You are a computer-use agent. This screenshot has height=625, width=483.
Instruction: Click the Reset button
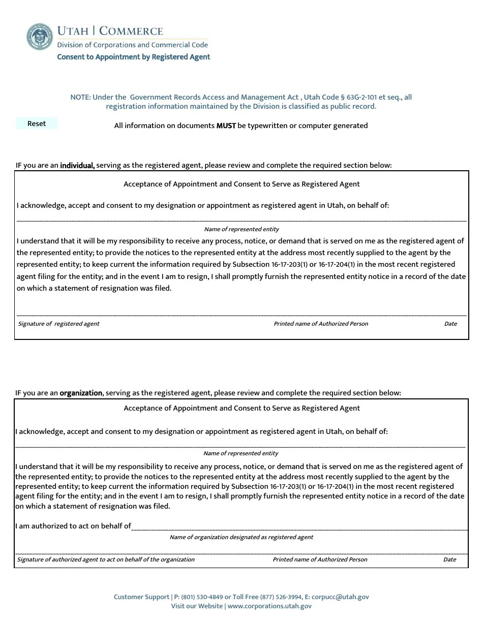[x=37, y=123]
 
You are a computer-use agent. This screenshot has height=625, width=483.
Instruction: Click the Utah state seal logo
[x=40, y=37]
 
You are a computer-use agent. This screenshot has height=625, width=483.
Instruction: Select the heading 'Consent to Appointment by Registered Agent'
[x=133, y=57]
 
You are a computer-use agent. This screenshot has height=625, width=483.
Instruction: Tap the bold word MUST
[x=226, y=126]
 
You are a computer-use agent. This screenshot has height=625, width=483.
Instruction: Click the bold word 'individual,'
[x=77, y=165]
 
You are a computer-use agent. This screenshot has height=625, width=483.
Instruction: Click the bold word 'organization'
[x=81, y=393]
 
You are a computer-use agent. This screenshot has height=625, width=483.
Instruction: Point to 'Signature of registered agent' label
[x=58, y=324]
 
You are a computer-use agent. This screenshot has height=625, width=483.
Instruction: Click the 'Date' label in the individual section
[x=450, y=324]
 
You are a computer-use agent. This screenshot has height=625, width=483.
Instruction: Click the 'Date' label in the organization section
[x=449, y=559]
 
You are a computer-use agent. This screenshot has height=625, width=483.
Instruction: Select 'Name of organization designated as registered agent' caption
[x=242, y=537]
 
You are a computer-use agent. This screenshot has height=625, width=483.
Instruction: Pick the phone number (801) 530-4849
[x=202, y=597]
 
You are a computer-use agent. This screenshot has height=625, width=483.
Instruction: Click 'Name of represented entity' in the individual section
[x=242, y=229]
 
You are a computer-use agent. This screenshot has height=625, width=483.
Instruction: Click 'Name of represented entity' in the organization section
[x=241, y=453]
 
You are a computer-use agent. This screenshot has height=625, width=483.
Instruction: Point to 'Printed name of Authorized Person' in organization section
[x=320, y=559]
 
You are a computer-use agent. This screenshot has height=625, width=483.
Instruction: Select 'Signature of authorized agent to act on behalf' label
[x=106, y=559]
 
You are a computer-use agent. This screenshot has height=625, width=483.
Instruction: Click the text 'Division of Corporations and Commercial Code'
[x=132, y=45]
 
